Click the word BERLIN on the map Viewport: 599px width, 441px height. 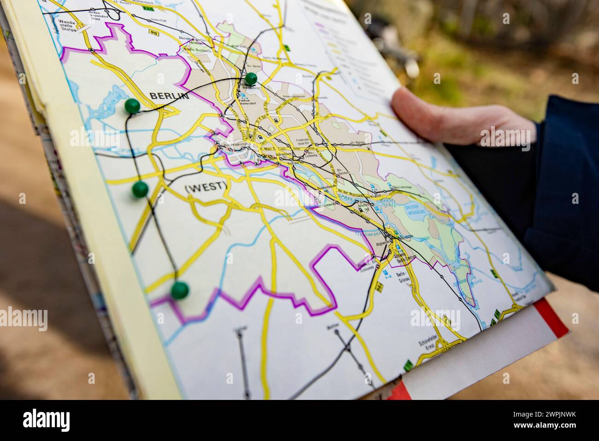click(x=169, y=96)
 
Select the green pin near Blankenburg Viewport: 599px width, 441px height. click(x=251, y=78)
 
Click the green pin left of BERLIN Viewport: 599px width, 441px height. click(x=132, y=106)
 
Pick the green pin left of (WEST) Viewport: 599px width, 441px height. click(x=140, y=188)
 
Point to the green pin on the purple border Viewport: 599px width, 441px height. click(x=179, y=290)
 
